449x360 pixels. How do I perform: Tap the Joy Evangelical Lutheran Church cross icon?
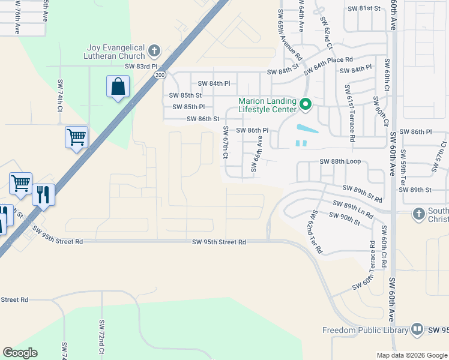coord(154,50)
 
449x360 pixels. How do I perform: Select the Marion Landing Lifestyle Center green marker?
coord(305,105)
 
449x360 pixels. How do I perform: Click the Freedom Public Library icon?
coord(417,329)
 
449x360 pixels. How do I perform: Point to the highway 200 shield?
coord(159,75)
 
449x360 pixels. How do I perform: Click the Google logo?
coord(20,353)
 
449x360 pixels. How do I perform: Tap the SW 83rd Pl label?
coord(141,67)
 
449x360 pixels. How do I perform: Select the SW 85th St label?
coord(185,95)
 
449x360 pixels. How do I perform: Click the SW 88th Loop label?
coord(340,161)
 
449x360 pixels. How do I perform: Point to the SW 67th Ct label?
coord(226,142)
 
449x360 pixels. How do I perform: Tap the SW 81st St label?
coord(364,8)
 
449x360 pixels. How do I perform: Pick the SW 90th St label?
coord(345,219)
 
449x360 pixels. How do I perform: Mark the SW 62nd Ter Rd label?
coord(316,233)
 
